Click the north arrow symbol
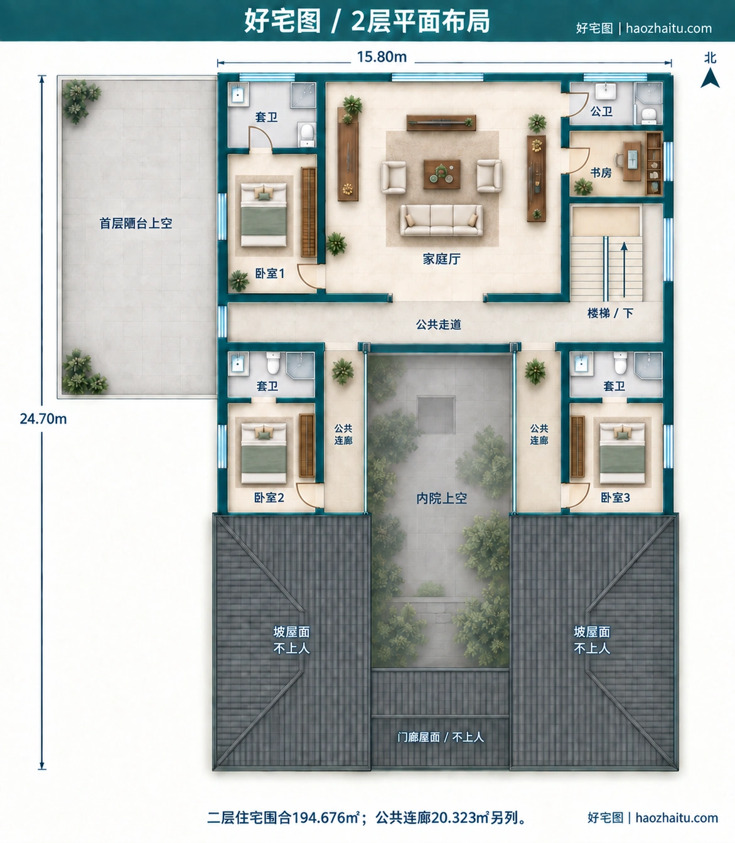(x=710, y=78)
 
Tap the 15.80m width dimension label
(x=382, y=57)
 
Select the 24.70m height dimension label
(x=43, y=419)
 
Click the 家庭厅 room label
(x=441, y=259)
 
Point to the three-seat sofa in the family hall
(x=441, y=220)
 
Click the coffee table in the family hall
(x=442, y=175)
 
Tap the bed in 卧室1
(x=264, y=215)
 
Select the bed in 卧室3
(x=622, y=453)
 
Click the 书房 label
(x=601, y=173)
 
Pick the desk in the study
(x=633, y=161)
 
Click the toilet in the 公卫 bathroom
(x=649, y=115)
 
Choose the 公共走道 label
(x=438, y=325)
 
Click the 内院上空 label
(x=442, y=498)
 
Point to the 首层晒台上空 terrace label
(x=136, y=223)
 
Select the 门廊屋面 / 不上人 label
(x=441, y=737)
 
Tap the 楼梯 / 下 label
(x=610, y=313)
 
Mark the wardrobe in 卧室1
(x=309, y=212)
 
